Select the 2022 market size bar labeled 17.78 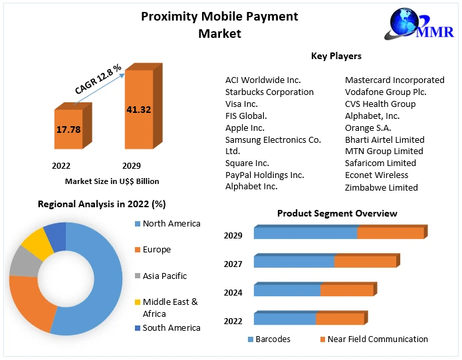pos(68,130)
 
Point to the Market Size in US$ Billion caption pos(112,181)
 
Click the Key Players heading pos(336,56)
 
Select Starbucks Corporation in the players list pos(269,92)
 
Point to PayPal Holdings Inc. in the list pos(265,175)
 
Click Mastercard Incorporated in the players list pos(394,80)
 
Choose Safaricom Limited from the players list pos(380,163)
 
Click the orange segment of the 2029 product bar pos(390,233)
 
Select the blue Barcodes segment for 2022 pos(285,319)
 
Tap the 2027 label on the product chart pos(233,264)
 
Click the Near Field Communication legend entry pos(373,339)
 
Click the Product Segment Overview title pos(337,213)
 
